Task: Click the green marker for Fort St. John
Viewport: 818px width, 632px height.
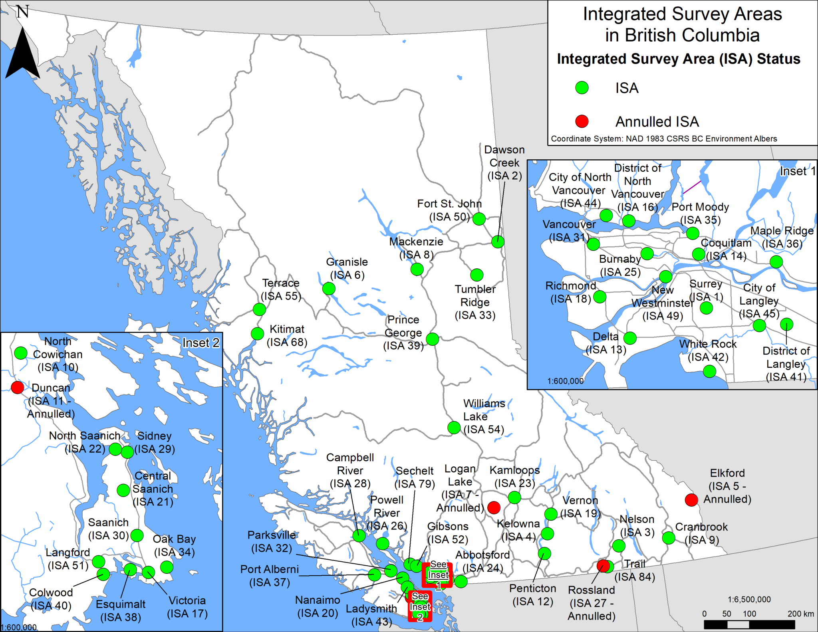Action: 479,219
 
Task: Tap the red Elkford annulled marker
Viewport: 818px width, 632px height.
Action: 691,499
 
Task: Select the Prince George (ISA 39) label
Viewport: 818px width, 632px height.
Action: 403,333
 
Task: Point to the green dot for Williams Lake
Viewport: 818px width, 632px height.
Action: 454,428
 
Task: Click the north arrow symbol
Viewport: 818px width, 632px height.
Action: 22,52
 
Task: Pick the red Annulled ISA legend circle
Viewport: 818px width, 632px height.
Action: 582,121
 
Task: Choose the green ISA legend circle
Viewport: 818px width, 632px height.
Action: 582,87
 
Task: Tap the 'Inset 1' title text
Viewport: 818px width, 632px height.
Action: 797,171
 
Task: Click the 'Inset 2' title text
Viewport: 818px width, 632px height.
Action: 201,343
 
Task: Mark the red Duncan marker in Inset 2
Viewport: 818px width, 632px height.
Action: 18,387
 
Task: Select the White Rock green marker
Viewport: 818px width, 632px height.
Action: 709,371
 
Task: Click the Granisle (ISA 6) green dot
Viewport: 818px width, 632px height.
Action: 329,288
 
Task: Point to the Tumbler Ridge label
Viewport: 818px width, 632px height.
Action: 475,302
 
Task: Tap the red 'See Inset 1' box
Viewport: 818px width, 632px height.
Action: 438,575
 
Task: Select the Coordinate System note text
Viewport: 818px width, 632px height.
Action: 664,139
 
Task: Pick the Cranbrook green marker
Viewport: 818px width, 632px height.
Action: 669,538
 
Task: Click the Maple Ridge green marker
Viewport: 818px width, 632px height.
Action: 776,262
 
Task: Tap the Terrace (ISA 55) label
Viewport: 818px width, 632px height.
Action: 281,289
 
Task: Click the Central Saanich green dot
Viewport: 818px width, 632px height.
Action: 123,490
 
